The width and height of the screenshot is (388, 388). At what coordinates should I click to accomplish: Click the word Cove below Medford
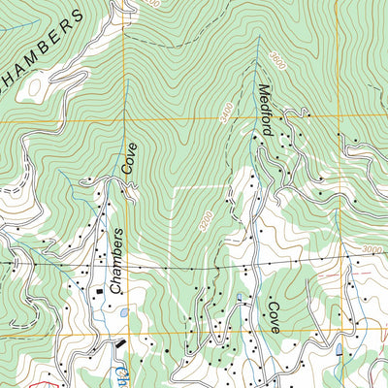click(x=274, y=316)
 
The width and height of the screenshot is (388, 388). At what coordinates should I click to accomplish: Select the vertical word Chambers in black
click(x=116, y=262)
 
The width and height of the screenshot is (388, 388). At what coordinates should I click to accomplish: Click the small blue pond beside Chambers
click(x=122, y=312)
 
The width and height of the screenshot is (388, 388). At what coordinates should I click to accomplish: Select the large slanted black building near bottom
click(x=119, y=343)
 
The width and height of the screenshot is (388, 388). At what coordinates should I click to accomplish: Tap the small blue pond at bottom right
click(x=339, y=350)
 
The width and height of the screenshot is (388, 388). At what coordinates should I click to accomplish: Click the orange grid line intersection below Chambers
click(x=125, y=337)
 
